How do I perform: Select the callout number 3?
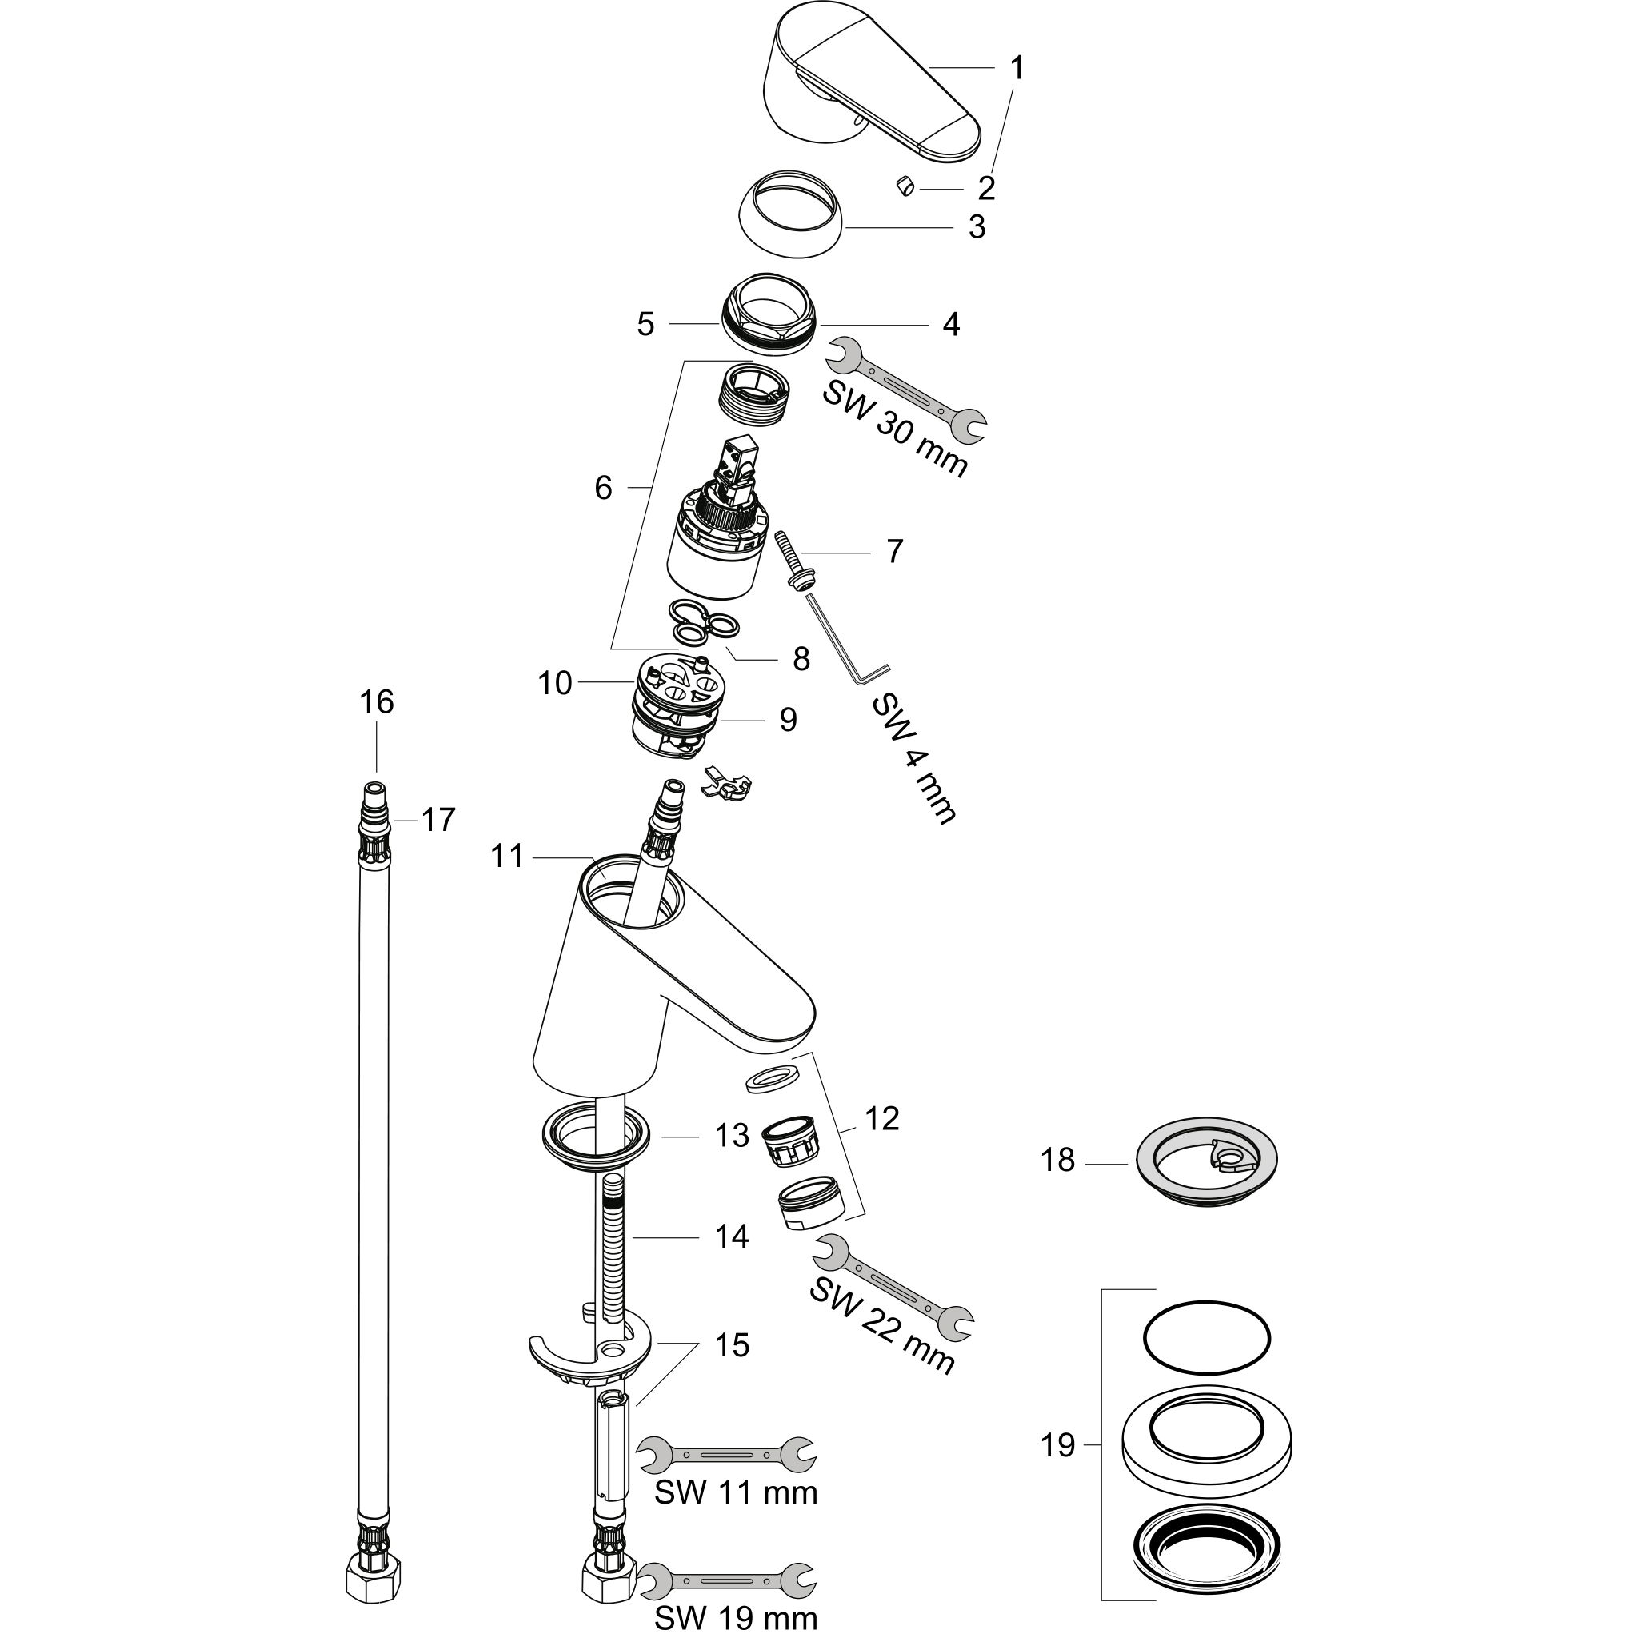977,227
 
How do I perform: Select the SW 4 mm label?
914,759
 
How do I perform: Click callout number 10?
555,683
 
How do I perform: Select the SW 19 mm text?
736,1618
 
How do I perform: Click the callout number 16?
377,702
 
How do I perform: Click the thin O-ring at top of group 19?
1206,1340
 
